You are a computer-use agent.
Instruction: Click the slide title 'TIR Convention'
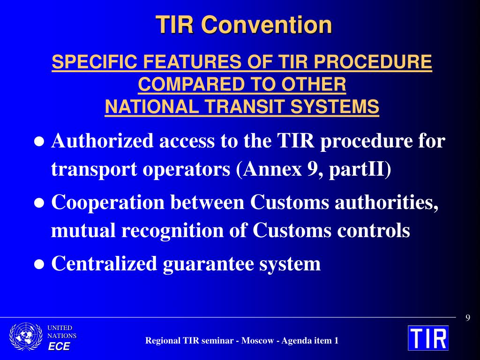coord(244,25)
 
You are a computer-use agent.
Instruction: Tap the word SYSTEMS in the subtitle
coord(335,106)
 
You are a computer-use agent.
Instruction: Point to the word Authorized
coord(102,141)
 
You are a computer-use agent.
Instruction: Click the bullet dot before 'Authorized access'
coord(39,142)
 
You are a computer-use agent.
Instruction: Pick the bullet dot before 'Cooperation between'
coord(39,203)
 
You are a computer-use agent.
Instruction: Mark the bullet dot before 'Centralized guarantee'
coord(39,264)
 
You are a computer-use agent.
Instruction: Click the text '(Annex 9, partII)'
coord(314,169)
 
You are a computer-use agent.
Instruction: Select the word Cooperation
coord(108,202)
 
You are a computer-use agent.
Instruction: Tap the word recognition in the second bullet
coord(172,230)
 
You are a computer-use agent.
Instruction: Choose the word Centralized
coord(105,263)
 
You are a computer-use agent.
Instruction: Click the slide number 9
coord(468,318)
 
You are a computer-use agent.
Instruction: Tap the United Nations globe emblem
coord(26,337)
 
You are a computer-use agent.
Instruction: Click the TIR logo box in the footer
coord(428,338)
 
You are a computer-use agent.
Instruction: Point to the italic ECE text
coord(59,346)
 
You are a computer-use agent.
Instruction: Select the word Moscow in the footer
coord(257,340)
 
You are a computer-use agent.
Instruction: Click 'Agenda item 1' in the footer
coord(310,341)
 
